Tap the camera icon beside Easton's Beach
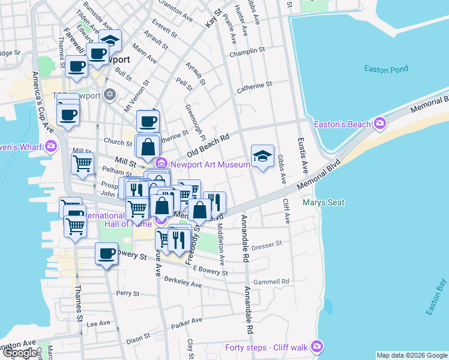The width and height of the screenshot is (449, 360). [x=379, y=124]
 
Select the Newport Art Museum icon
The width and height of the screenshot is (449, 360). [x=161, y=164]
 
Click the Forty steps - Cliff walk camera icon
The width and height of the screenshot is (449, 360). [x=318, y=347]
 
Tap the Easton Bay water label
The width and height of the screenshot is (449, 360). [x=436, y=297]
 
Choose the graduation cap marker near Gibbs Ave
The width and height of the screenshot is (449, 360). [x=262, y=156]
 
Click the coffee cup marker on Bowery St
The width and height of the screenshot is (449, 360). [x=106, y=253]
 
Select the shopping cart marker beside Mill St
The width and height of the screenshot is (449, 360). [x=82, y=162]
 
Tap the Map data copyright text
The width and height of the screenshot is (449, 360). [x=412, y=355]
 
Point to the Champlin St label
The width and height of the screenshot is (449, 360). [x=247, y=53]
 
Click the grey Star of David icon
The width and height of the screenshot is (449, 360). [x=109, y=94]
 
